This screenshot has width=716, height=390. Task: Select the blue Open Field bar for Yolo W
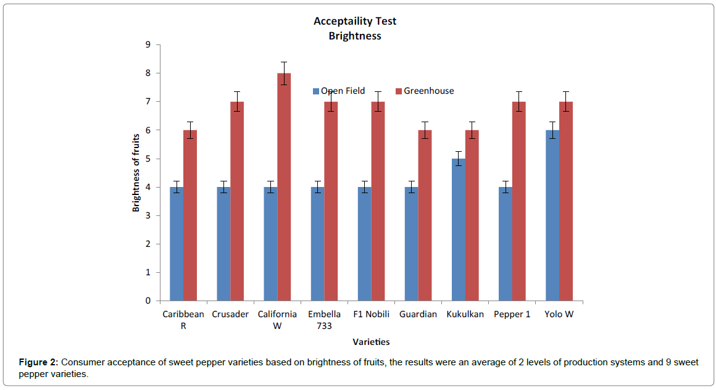click(552, 215)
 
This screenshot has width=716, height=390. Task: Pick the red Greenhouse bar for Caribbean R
click(190, 215)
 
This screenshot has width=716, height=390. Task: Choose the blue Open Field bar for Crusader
click(223, 244)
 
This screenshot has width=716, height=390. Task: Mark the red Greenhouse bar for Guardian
click(425, 215)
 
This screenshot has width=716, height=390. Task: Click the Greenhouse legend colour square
click(399, 91)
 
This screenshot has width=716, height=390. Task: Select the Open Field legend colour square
click(316, 91)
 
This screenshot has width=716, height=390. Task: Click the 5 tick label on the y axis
click(148, 159)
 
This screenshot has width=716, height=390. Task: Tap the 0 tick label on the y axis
click(148, 301)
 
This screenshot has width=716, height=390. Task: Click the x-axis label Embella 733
click(325, 320)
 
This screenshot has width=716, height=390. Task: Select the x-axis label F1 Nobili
click(372, 314)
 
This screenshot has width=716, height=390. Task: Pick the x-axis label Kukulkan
click(465, 314)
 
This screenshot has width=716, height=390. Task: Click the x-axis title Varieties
click(371, 341)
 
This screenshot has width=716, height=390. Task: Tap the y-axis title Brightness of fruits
click(136, 173)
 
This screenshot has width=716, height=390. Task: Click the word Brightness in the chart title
click(355, 36)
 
